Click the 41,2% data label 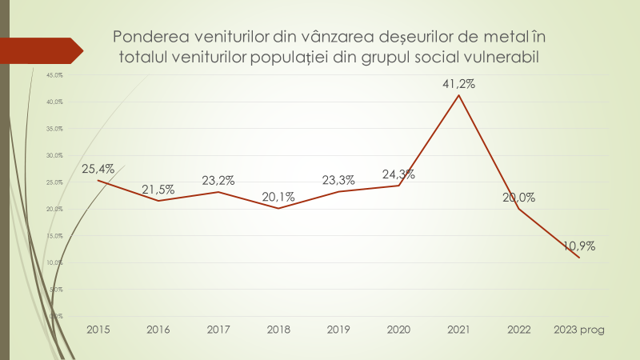pyautogui.click(x=458, y=83)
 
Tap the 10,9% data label pyautogui.click(x=578, y=246)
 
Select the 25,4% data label pyautogui.click(x=98, y=169)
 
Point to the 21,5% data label pyautogui.click(x=158, y=189)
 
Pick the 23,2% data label pyautogui.click(x=218, y=180)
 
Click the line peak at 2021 pyautogui.click(x=458, y=95)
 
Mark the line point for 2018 pyautogui.click(x=278, y=208)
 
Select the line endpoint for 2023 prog pyautogui.click(x=578, y=258)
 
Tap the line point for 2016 pyautogui.click(x=158, y=201)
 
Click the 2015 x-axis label pyautogui.click(x=98, y=329)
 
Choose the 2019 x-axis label pyautogui.click(x=338, y=329)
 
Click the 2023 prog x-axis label pyautogui.click(x=578, y=329)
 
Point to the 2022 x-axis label pyautogui.click(x=518, y=329)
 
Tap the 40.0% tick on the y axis pyautogui.click(x=54, y=102)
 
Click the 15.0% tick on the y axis pyautogui.click(x=54, y=236)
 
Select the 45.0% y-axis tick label pyautogui.click(x=54, y=75)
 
